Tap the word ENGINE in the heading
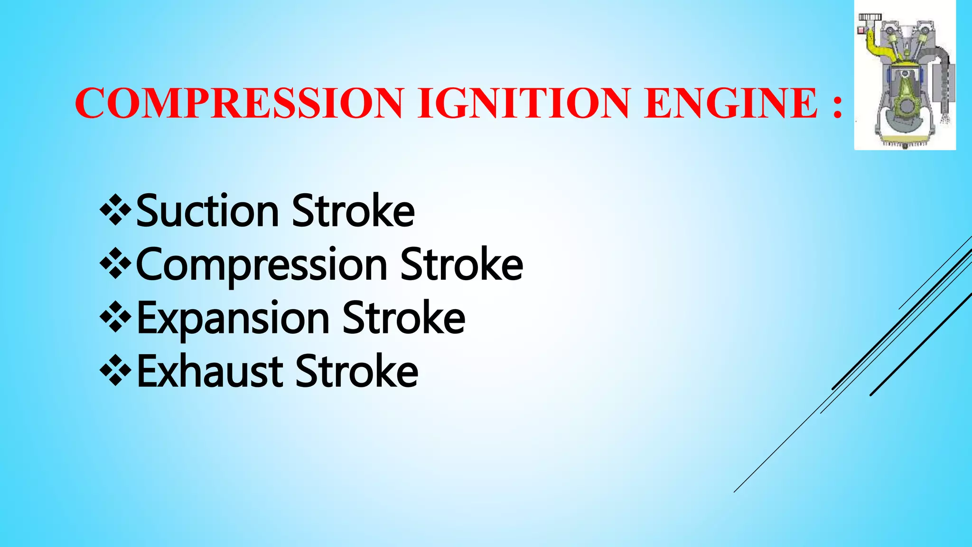(731, 103)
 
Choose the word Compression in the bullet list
(262, 265)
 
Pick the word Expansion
(233, 318)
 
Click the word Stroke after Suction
(353, 211)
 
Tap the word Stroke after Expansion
(404, 318)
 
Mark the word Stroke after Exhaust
(357, 371)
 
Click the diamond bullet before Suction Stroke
(115, 208)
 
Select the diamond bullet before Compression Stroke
(115, 263)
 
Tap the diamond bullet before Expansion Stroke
(115, 316)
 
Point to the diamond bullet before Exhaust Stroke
(115, 370)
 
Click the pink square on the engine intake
(860, 30)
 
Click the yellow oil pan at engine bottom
(905, 138)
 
